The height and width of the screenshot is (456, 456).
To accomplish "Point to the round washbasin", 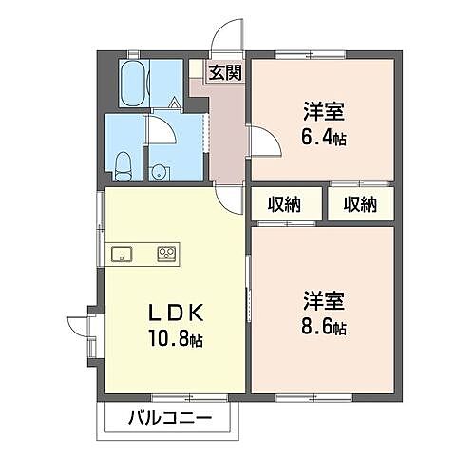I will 159,172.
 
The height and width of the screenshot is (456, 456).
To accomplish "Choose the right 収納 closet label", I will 360,204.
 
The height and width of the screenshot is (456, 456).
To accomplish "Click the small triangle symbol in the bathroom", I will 175,102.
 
